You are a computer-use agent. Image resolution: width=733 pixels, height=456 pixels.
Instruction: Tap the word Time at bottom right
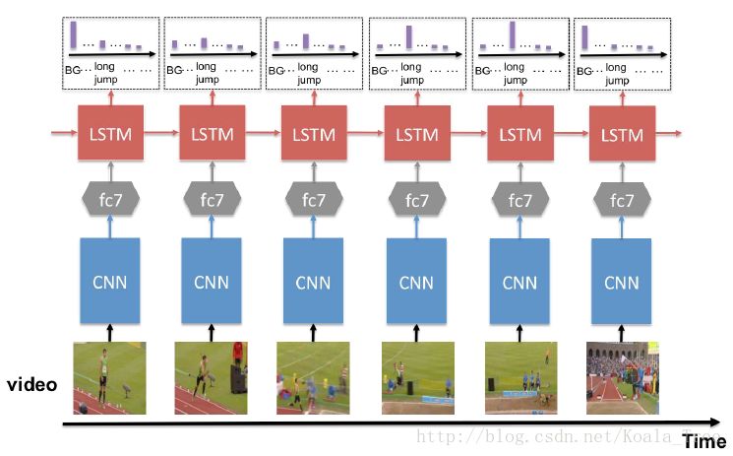pyautogui.click(x=704, y=441)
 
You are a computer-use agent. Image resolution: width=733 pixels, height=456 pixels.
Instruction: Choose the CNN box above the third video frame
pyautogui.click(x=315, y=282)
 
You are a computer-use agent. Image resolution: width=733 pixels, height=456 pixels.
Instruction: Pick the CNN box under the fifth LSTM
pyautogui.click(x=519, y=282)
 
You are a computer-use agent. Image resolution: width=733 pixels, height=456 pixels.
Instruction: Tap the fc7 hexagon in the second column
pyautogui.click(x=213, y=201)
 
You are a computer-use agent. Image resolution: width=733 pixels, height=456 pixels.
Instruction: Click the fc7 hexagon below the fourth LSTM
pyautogui.click(x=417, y=201)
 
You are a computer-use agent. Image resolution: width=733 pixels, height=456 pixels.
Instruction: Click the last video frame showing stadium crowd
pyautogui.click(x=622, y=377)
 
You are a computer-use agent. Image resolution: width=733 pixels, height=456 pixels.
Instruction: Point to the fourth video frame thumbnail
pyautogui.click(x=417, y=377)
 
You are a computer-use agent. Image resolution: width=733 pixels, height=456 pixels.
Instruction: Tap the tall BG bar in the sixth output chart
pyautogui.click(x=585, y=36)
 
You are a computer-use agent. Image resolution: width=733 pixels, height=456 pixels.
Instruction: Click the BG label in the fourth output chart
pyautogui.click(x=379, y=71)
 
